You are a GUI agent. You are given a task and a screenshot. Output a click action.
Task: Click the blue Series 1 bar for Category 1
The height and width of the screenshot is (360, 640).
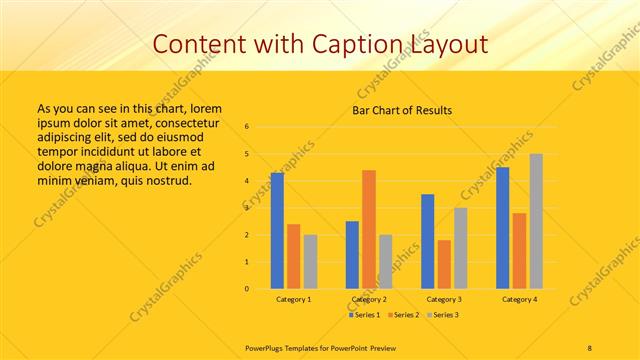point(277,231)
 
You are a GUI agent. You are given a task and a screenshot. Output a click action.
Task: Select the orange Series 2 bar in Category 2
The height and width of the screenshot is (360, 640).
point(369,229)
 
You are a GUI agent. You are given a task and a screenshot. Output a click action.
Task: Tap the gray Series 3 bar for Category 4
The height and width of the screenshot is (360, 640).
point(536,221)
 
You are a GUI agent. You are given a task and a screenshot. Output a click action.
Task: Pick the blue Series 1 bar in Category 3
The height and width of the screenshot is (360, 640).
point(427,241)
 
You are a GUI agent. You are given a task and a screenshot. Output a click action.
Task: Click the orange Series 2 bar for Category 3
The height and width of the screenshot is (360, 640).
point(444,264)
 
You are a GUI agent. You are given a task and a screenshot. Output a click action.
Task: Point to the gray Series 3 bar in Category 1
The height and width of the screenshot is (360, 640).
point(310,262)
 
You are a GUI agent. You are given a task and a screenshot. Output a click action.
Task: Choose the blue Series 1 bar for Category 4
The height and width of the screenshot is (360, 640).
point(502,228)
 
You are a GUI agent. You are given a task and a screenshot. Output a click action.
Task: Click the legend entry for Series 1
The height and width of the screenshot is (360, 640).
point(364,315)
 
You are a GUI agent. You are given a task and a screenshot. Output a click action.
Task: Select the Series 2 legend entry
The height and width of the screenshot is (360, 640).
point(403,315)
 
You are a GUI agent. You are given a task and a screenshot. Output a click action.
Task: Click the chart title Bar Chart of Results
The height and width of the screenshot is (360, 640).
point(402,110)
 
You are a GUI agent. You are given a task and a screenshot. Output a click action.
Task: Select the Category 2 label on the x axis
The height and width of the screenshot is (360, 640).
point(369,299)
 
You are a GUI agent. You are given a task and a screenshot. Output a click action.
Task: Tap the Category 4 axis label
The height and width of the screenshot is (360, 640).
point(519,299)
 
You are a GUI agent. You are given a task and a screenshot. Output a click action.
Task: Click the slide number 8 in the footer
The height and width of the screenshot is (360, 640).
point(590,346)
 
